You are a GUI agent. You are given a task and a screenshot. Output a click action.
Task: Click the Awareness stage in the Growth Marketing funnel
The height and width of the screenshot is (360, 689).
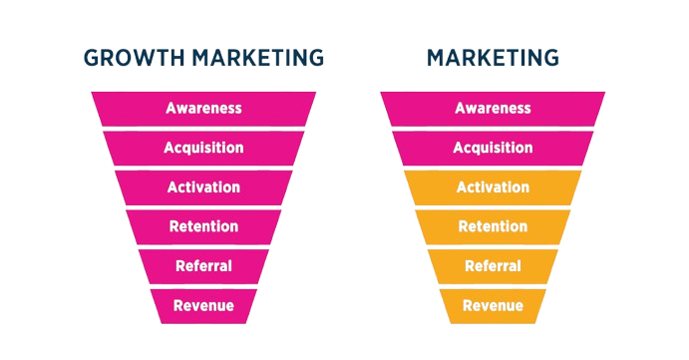click(x=203, y=108)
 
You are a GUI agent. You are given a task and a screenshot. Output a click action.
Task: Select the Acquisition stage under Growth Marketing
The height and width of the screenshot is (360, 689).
click(x=203, y=148)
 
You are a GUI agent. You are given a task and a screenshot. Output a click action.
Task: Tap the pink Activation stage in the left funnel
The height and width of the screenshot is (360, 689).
click(x=203, y=186)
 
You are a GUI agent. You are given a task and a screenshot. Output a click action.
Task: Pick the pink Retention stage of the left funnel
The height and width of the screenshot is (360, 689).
click(x=203, y=226)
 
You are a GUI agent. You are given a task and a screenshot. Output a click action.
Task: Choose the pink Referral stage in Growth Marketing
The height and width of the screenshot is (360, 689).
click(x=203, y=265)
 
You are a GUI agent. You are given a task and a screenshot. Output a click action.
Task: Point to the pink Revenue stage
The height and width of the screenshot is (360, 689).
click(x=203, y=304)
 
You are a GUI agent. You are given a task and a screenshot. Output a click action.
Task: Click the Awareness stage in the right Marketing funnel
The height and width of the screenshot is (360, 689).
click(x=493, y=108)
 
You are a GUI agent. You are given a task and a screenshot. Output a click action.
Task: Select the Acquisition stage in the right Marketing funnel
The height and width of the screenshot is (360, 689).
click(x=493, y=148)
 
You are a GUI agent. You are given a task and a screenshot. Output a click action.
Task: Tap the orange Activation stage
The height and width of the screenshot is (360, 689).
click(x=493, y=186)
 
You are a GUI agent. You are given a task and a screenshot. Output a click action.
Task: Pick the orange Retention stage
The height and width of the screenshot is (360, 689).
click(x=493, y=226)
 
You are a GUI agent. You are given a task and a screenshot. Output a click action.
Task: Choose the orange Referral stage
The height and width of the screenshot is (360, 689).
click(x=493, y=265)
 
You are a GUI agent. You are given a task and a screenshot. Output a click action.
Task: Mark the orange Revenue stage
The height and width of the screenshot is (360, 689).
click(x=493, y=304)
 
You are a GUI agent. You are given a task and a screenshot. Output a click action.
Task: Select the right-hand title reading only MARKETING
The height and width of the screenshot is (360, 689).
click(x=493, y=58)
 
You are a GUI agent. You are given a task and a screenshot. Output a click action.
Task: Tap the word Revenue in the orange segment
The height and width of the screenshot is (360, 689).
click(x=493, y=305)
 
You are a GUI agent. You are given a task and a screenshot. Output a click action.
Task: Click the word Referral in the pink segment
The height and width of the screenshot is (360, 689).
click(x=203, y=266)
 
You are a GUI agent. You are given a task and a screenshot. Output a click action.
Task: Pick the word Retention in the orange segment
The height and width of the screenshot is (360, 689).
click(x=493, y=226)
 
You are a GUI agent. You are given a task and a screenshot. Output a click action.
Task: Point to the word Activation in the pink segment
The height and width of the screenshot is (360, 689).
click(x=203, y=186)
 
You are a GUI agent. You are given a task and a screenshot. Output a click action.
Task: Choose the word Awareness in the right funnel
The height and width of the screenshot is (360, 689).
click(x=493, y=108)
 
